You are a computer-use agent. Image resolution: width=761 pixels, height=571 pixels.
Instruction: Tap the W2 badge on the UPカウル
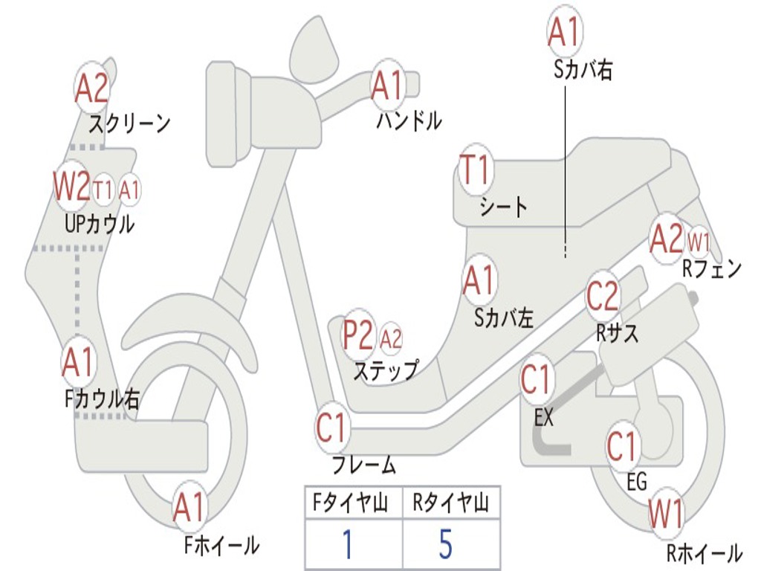(71, 187)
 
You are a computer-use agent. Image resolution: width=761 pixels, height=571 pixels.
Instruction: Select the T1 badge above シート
(476, 170)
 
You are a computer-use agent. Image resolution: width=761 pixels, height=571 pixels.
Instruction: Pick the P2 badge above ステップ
(358, 336)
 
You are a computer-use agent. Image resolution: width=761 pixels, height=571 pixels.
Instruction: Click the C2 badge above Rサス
(602, 297)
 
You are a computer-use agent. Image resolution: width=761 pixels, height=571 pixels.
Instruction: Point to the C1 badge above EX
(537, 381)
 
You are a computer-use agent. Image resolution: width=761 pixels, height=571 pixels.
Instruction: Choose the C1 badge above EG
(623, 447)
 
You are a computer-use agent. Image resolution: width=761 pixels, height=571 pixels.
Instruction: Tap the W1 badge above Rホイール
(666, 514)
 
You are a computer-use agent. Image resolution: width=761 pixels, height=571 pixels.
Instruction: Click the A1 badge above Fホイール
(189, 509)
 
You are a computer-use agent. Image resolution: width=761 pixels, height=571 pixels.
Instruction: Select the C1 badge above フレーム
(332, 428)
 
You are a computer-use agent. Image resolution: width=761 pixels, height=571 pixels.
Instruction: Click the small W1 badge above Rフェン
(699, 242)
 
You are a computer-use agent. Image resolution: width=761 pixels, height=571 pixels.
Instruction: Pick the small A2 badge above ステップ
(391, 339)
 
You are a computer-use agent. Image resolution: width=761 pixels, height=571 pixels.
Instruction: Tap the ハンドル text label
(409, 120)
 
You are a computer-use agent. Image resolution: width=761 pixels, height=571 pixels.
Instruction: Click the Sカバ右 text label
(583, 70)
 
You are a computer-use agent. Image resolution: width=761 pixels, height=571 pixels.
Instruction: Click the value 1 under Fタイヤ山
(347, 545)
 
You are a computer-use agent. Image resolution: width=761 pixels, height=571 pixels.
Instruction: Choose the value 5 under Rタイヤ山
(444, 545)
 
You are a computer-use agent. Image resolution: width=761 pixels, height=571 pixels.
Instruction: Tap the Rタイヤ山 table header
(450, 505)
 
